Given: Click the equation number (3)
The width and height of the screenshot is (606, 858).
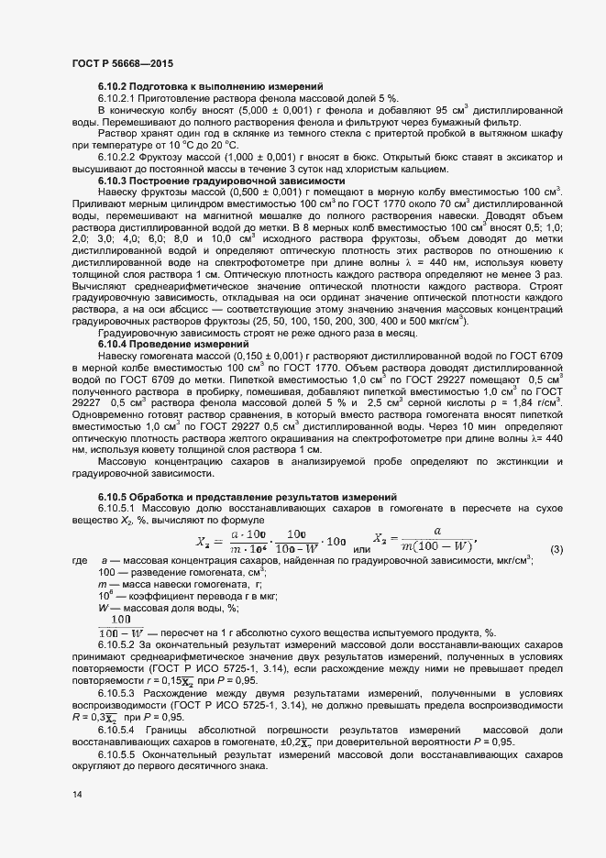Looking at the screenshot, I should [556, 550].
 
